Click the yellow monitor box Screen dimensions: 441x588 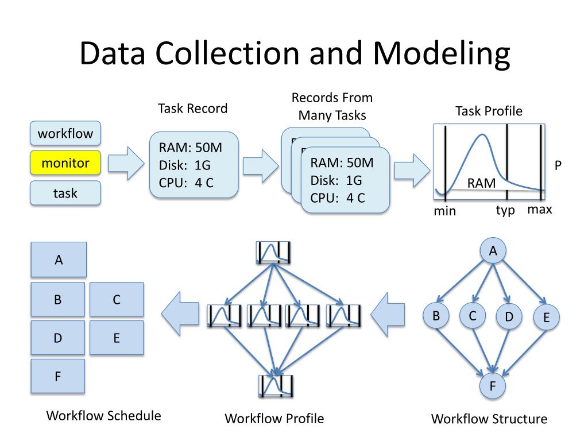click(65, 163)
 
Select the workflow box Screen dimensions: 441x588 click(65, 134)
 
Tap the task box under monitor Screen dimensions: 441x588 click(65, 194)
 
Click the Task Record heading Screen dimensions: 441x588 click(192, 109)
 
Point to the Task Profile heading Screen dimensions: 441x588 click(489, 111)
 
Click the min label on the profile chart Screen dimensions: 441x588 click(444, 211)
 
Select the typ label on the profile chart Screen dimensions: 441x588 click(505, 210)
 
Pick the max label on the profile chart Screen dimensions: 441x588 click(540, 209)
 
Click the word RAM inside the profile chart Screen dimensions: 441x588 click(481, 183)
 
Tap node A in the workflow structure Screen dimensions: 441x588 click(493, 250)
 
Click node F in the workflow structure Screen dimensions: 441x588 click(493, 385)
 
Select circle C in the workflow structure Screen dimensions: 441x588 click(473, 316)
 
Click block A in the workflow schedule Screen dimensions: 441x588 click(58, 260)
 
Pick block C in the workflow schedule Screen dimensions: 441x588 click(117, 299)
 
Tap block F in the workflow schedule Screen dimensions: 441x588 click(57, 377)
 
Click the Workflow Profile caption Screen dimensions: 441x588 click(274, 419)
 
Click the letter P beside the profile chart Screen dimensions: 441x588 click(558, 165)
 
